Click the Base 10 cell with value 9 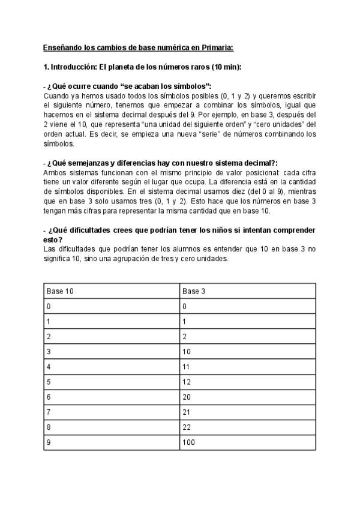pos(49,443)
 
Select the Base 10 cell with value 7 pos(49,412)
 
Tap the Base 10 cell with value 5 pos(49,382)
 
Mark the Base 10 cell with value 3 pos(49,352)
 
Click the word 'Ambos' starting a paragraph pos(55,172)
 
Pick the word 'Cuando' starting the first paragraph pos(56,96)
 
